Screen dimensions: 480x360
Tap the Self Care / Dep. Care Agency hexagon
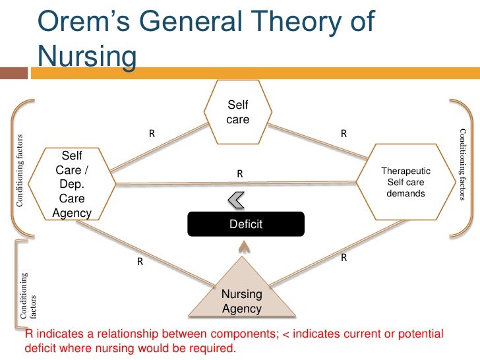click(x=72, y=184)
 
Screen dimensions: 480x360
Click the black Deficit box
click(x=245, y=224)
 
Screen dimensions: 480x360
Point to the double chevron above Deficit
click(x=237, y=198)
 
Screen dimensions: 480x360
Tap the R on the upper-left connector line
click(x=152, y=134)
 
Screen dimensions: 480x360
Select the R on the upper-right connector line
click(x=344, y=134)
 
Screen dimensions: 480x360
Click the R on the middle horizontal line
click(x=240, y=174)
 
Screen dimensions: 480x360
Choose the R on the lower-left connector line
click(x=140, y=262)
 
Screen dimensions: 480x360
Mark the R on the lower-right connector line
click(x=344, y=258)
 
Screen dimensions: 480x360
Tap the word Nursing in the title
click(x=87, y=56)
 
